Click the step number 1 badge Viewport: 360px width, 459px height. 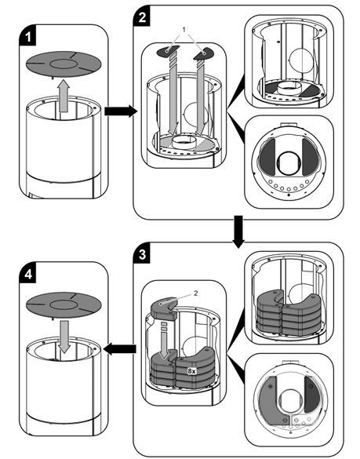[x=27, y=37]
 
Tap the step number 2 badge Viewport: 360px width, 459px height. [x=142, y=17]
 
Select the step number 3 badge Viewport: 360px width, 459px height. [x=142, y=254]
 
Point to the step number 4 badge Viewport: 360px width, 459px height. [x=27, y=275]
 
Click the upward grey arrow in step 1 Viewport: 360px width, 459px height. [x=64, y=96]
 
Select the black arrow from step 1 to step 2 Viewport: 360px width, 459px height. [x=121, y=111]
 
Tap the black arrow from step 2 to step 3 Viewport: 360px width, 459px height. [x=238, y=231]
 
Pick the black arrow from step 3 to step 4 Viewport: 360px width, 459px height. [x=120, y=349]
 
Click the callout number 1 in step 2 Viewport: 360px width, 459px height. [x=184, y=30]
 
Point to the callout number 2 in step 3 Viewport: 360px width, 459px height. [x=196, y=293]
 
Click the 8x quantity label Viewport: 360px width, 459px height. [x=191, y=371]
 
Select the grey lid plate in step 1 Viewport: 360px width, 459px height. [x=64, y=64]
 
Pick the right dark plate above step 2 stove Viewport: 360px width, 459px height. [x=203, y=53]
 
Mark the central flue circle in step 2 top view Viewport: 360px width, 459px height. [x=289, y=163]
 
